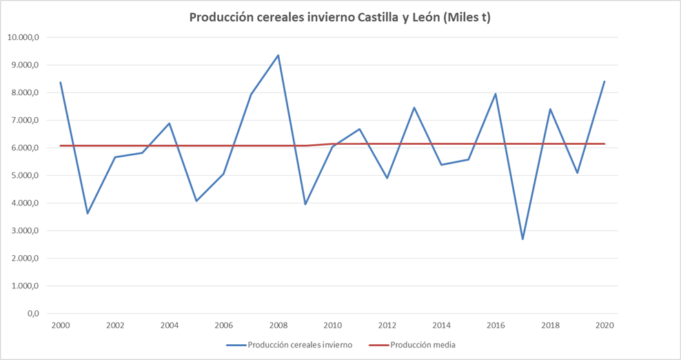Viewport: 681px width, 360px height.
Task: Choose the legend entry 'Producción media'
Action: [423, 345]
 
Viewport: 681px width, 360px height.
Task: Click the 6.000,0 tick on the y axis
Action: [24, 148]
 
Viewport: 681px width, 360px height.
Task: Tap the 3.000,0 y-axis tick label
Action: [24, 230]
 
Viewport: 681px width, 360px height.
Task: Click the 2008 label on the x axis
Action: [278, 325]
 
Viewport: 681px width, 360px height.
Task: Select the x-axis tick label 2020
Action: [604, 325]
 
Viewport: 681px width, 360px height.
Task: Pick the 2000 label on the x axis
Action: [61, 325]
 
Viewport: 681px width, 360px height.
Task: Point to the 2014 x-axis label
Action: [441, 325]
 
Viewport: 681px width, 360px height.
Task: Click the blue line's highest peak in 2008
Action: [278, 55]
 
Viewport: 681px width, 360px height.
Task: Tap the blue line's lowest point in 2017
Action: [523, 239]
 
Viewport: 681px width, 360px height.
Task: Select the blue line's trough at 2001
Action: [88, 213]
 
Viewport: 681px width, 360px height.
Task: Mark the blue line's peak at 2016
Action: [496, 94]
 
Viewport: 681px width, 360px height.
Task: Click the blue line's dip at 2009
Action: [305, 204]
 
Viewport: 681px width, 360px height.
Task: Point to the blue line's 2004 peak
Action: [170, 123]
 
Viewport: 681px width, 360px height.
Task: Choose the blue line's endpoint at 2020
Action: [604, 81]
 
